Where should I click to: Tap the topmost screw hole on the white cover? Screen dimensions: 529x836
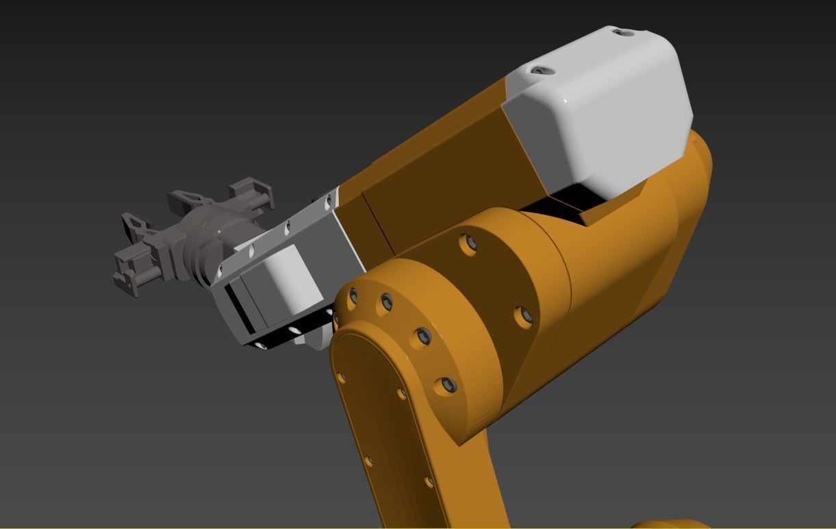[622, 32]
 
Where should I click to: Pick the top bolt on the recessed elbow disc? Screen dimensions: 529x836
[468, 243]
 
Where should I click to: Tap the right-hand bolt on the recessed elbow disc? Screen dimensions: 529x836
[524, 315]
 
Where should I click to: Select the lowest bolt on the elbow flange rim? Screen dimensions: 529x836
[447, 386]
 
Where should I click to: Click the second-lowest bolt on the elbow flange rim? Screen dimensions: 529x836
[423, 336]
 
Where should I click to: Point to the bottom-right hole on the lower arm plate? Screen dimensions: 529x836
[429, 482]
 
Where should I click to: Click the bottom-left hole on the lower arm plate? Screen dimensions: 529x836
[369, 461]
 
